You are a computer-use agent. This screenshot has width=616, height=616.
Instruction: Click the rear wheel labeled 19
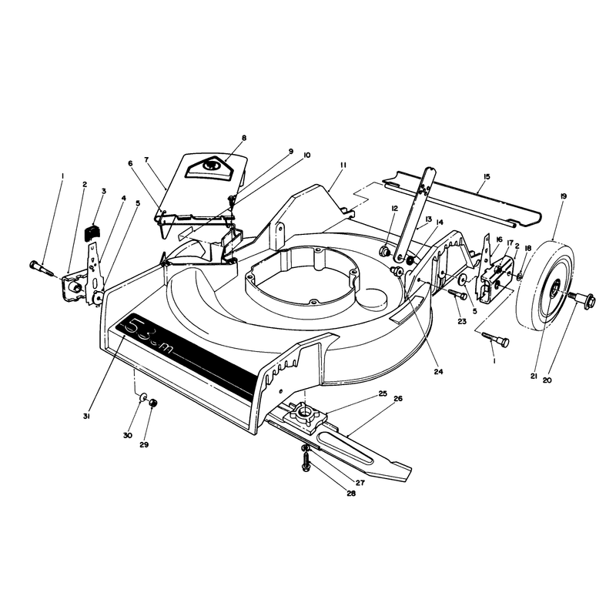(545, 286)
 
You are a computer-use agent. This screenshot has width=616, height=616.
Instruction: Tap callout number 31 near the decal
(87, 417)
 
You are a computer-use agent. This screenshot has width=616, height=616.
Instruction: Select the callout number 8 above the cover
(244, 138)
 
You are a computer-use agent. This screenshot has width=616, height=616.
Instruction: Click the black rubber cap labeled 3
(92, 232)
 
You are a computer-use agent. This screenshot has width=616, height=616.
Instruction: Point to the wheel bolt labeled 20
(583, 300)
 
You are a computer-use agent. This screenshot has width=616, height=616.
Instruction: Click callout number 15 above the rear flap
(487, 177)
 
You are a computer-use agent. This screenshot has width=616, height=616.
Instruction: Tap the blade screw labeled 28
(305, 460)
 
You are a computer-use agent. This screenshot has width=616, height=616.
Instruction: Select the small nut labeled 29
(153, 403)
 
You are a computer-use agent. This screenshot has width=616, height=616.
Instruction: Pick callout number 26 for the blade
(398, 398)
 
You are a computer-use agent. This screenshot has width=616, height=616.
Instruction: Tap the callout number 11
(343, 166)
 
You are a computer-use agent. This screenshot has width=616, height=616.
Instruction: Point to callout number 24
(438, 371)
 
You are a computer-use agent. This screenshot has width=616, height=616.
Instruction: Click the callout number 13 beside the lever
(428, 219)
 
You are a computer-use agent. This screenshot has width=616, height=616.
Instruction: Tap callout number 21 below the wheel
(534, 376)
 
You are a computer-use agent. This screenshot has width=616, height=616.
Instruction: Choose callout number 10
(306, 155)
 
